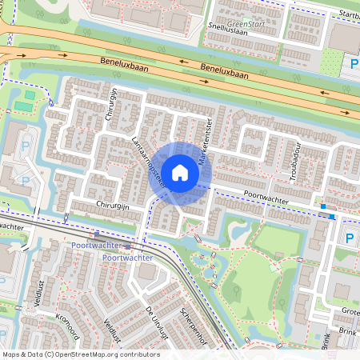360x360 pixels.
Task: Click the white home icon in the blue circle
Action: pos(180,172)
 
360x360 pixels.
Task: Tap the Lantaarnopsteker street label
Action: pos(148,161)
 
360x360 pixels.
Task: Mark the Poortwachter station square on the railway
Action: pos(97,234)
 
